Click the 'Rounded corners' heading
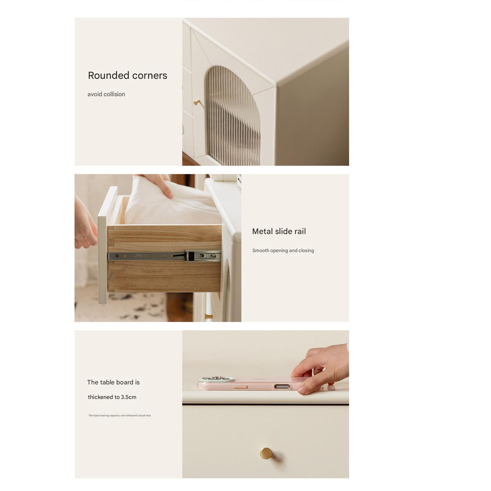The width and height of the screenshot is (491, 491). (x=127, y=75)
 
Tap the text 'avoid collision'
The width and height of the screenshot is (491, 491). (x=106, y=94)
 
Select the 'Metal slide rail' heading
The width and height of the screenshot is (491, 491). (x=279, y=231)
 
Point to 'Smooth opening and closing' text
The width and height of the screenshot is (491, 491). (x=283, y=250)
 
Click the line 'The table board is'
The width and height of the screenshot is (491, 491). (x=114, y=382)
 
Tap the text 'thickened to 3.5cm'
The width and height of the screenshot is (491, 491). (x=112, y=397)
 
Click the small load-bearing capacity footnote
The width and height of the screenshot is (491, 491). (x=119, y=416)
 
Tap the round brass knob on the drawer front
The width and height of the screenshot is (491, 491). (x=266, y=453)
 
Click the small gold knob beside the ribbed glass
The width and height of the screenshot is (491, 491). (x=197, y=102)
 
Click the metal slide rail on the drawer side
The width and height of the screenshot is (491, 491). (x=164, y=256)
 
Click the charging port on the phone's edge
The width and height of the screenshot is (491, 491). (x=282, y=387)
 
